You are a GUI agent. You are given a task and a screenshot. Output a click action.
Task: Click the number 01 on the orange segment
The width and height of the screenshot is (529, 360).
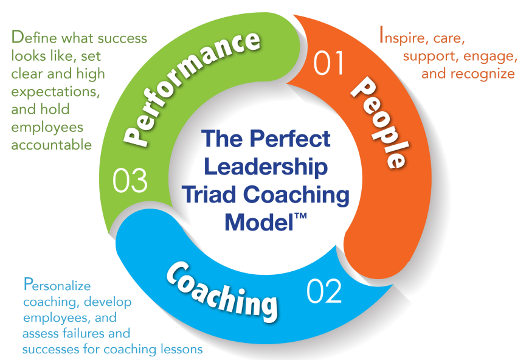(329, 64)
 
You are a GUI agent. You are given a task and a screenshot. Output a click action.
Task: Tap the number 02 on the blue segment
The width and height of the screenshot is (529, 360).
(324, 291)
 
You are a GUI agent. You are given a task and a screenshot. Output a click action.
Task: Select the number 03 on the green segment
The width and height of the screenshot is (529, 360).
(130, 180)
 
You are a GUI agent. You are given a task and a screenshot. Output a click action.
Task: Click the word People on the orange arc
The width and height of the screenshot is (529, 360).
(378, 122)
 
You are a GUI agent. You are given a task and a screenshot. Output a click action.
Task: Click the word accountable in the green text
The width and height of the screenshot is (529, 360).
(52, 145)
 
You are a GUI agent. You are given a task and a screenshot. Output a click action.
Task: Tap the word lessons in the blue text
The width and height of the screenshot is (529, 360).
(181, 350)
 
